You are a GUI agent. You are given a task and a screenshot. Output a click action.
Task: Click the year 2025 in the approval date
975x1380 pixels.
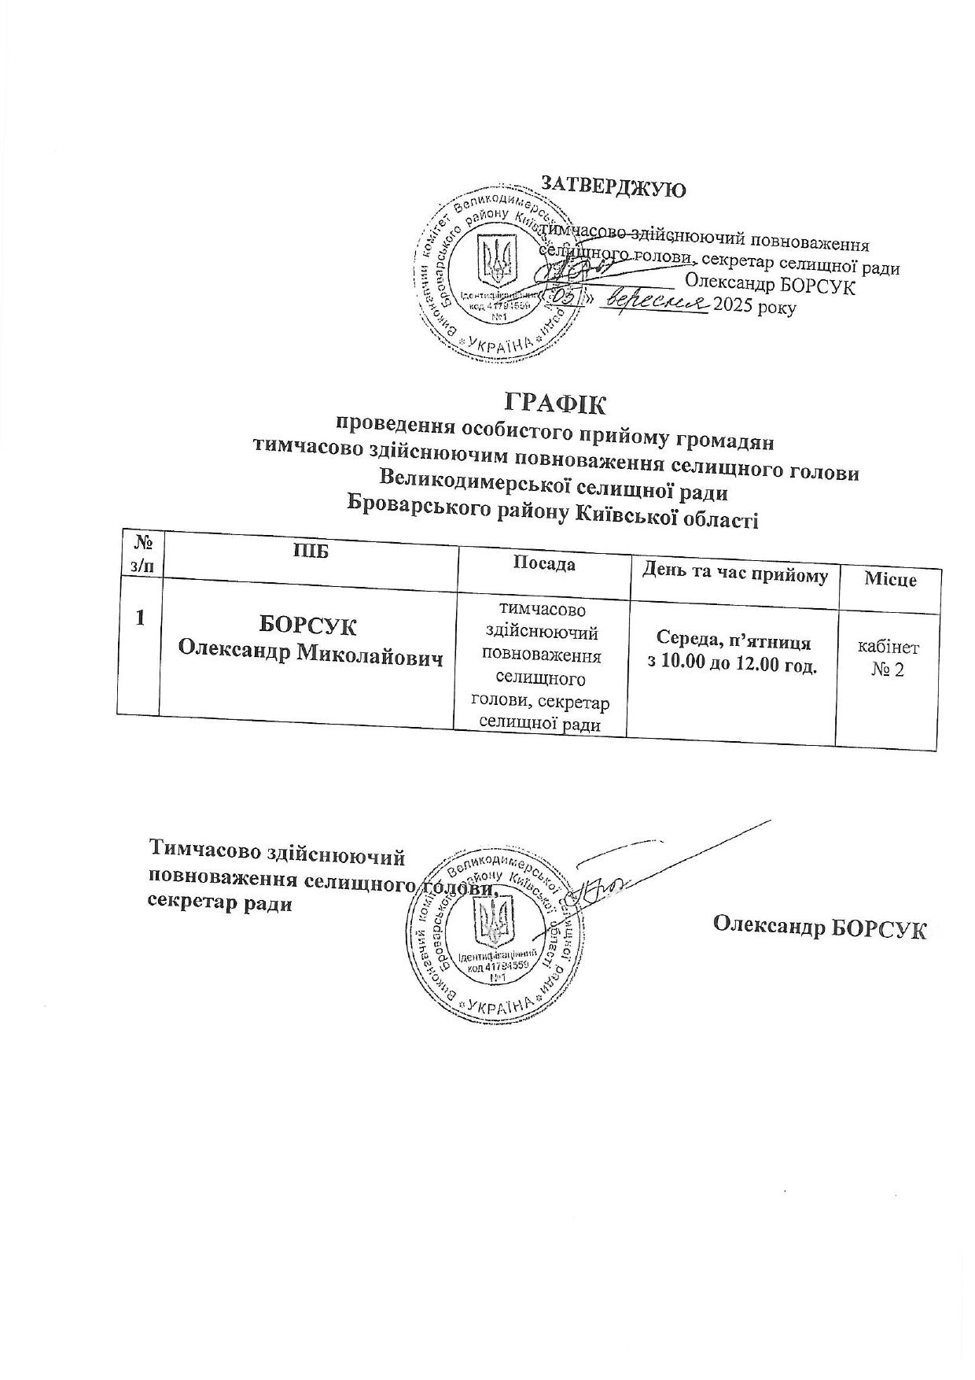coord(731,307)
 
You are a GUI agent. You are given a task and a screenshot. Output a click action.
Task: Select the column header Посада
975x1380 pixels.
coord(543,563)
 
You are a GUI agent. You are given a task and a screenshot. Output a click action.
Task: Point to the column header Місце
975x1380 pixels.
coord(890,580)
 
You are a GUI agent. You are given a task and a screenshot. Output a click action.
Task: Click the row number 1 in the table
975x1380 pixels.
coord(140,618)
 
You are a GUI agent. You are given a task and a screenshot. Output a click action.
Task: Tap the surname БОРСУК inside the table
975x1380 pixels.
coord(308,627)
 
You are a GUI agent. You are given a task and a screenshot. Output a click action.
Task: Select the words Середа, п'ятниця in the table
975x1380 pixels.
coord(733,642)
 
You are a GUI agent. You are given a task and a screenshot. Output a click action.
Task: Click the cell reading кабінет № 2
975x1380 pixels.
coord(889,659)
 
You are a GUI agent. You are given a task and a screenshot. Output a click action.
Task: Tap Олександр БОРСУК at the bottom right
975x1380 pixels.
coord(820,927)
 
